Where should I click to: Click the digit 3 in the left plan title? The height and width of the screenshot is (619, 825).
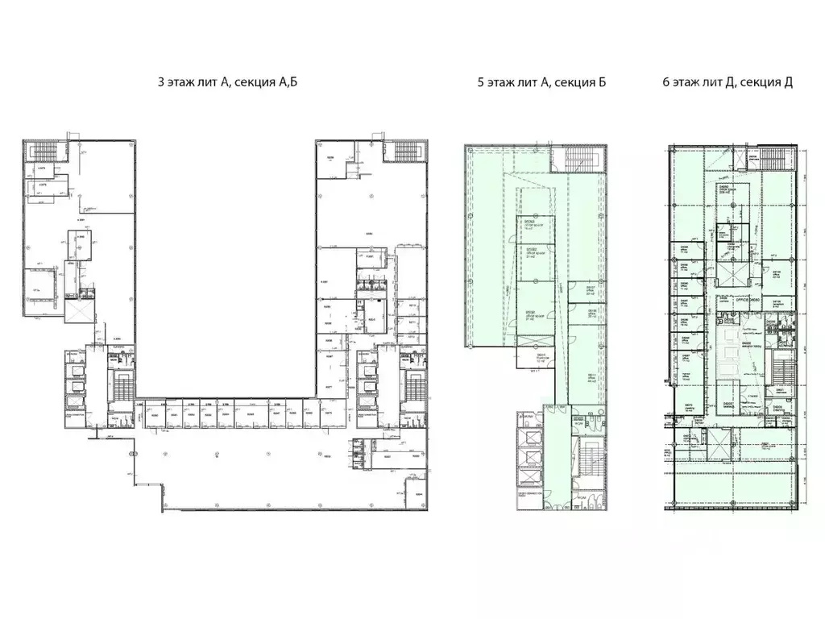coord(163,82)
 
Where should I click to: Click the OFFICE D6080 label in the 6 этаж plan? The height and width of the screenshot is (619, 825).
coord(746,299)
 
